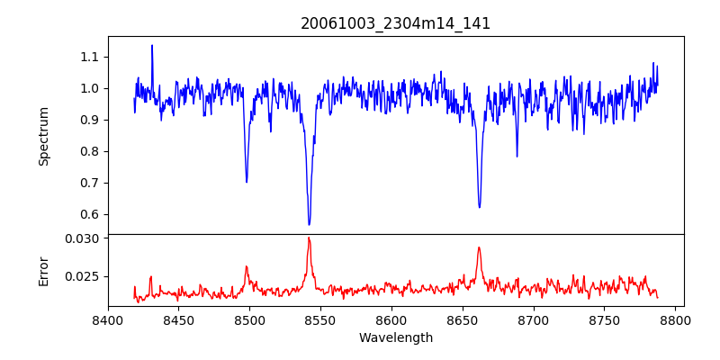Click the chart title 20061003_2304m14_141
click(x=395, y=23)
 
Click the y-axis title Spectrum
click(x=43, y=136)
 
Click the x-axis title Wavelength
click(x=395, y=338)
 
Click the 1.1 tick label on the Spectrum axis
click(x=88, y=57)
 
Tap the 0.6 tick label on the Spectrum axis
click(x=88, y=214)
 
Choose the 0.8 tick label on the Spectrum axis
click(x=88, y=151)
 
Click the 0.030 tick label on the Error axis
click(x=83, y=238)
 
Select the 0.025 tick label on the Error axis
click(x=83, y=276)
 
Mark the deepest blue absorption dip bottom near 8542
click(x=309, y=224)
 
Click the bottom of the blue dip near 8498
click(x=247, y=182)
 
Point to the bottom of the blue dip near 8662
click(x=479, y=207)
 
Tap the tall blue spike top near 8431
click(x=152, y=46)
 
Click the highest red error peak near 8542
click(x=309, y=238)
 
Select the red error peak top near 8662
click(x=479, y=247)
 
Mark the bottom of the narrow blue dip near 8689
click(x=517, y=156)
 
